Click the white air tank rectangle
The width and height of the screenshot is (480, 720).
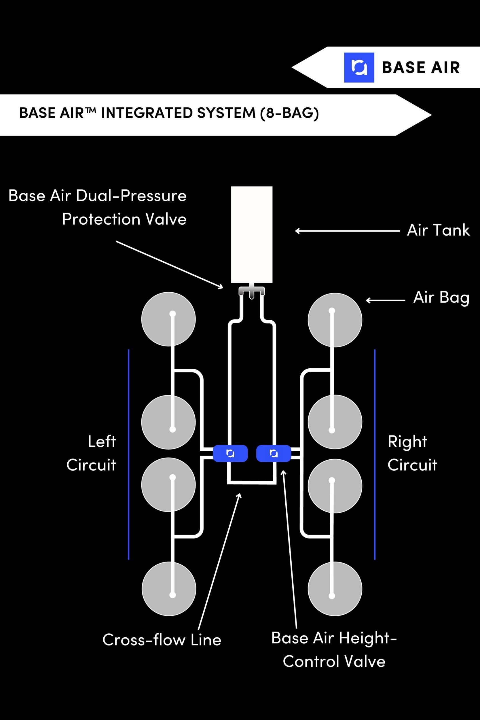[x=252, y=234]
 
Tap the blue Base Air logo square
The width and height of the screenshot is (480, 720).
[x=359, y=67]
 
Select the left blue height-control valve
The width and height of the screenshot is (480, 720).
[x=230, y=453]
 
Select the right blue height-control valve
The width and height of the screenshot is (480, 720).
[x=274, y=453]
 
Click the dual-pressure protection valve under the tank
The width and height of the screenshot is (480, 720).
[x=252, y=291]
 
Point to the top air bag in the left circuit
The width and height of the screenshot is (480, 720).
[x=168, y=319]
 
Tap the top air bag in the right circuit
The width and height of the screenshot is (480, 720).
[x=335, y=320]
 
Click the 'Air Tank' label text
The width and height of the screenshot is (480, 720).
[x=438, y=230]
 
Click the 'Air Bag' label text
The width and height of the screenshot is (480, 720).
[x=441, y=298]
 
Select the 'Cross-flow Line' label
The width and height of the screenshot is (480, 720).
[x=162, y=640]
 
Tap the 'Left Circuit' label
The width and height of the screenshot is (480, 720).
[x=92, y=453]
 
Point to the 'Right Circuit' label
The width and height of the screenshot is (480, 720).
[x=412, y=453]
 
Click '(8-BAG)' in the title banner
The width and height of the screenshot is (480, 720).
[x=289, y=113]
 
